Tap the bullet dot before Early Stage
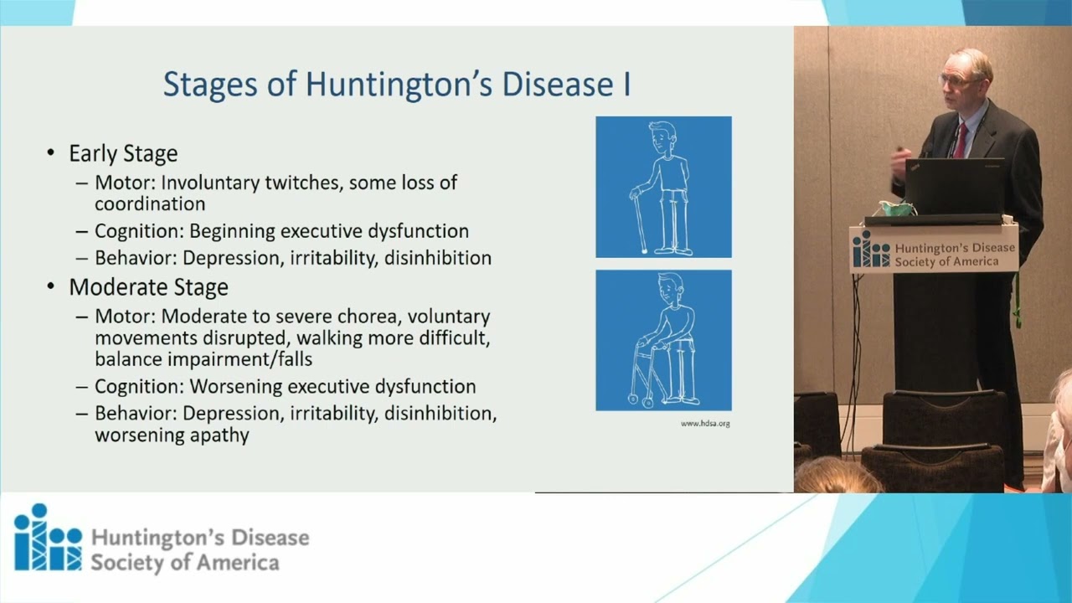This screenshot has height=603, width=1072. (x=51, y=153)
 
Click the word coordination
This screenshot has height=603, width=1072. (x=150, y=204)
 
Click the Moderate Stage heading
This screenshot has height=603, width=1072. (x=149, y=287)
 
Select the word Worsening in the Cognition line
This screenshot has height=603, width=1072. (x=236, y=387)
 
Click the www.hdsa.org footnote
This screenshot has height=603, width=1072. (x=705, y=424)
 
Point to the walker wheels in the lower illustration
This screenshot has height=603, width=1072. (x=640, y=400)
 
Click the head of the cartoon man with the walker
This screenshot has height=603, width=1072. (x=671, y=288)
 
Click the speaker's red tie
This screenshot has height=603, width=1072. (x=960, y=140)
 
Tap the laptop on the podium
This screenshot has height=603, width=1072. (x=954, y=187)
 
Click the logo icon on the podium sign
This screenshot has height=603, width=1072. (x=870, y=250)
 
